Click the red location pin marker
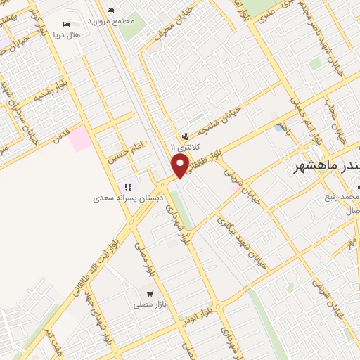tap(180, 167)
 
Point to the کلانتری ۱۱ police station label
tap(185, 148)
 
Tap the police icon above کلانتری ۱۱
tap(185, 136)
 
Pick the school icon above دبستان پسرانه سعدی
tap(128, 187)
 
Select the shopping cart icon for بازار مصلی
tap(149, 293)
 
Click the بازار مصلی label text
tap(149, 304)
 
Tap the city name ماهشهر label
tap(322, 167)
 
